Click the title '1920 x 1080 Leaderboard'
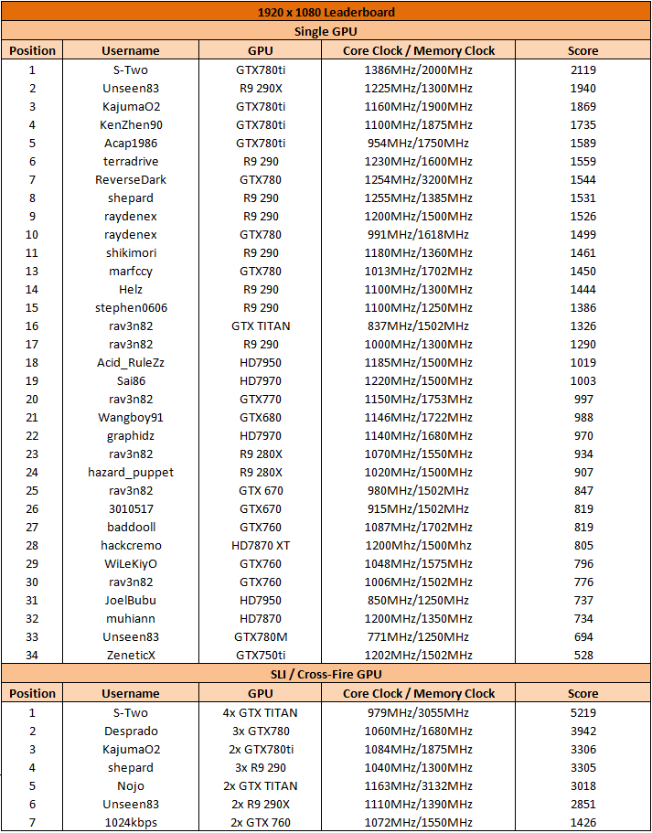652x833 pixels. tap(326, 13)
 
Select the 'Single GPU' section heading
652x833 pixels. tap(326, 32)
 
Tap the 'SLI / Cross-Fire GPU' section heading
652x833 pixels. tap(326, 674)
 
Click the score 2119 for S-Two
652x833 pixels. tap(583, 70)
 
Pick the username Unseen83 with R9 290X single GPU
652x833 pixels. tap(131, 89)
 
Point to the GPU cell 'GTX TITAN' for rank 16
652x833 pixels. tap(261, 326)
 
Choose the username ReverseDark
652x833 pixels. tap(131, 180)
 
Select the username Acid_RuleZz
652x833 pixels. tap(131, 363)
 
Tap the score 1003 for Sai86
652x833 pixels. tap(583, 381)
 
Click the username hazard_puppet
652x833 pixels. tap(131, 473)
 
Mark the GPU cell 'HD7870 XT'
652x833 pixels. tap(261, 546)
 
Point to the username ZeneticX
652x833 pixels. tap(131, 656)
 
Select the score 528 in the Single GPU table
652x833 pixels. tap(583, 656)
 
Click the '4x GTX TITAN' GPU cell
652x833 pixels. tap(261, 713)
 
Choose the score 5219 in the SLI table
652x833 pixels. tap(583, 713)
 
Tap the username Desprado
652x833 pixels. tap(131, 732)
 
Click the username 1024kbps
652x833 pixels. tap(131, 823)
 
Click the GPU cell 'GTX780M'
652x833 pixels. tap(261, 637)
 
